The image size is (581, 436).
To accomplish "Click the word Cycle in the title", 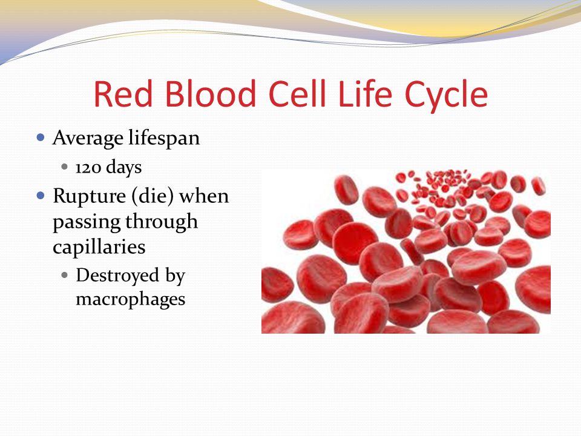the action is point(446,95).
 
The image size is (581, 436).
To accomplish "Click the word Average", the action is point(88,138).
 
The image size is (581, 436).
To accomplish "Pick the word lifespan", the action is point(164,138).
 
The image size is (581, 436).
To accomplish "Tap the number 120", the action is point(88,168).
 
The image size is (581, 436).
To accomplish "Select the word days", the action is point(123,167).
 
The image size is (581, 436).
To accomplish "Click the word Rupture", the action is point(90,196).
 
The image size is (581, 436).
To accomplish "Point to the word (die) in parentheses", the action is point(153,196).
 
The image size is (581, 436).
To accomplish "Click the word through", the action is point(162,222).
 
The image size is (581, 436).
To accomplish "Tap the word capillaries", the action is point(99,247).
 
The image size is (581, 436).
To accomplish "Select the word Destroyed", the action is point(117,276).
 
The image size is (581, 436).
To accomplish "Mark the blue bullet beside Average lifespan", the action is point(41,138).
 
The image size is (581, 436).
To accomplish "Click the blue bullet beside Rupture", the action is point(41,196).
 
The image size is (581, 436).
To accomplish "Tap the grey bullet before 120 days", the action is point(65,167).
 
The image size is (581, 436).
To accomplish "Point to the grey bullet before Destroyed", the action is point(65,276).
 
